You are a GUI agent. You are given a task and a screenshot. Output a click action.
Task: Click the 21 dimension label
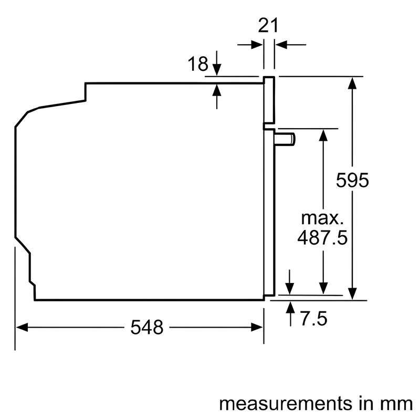(268, 25)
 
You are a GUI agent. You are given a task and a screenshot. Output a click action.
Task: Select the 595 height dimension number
(353, 181)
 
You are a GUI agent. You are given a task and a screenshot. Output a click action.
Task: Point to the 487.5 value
(322, 238)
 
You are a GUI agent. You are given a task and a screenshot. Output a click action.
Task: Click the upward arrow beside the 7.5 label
(290, 308)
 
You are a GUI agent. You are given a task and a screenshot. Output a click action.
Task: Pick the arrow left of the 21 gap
(257, 45)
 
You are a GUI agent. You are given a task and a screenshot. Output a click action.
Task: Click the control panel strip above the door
(269, 100)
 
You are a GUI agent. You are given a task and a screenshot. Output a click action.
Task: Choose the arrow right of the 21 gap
(280, 45)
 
